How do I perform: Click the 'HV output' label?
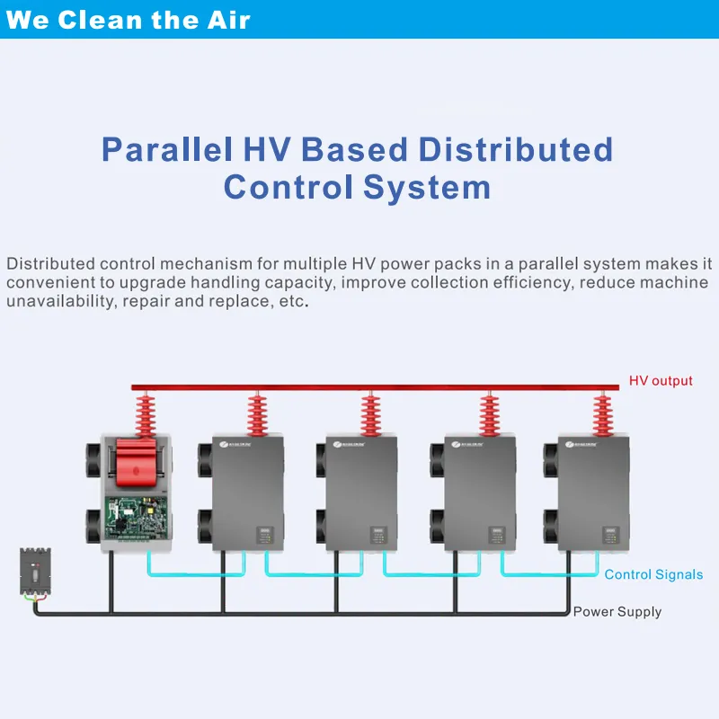[661, 381]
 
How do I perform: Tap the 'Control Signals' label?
[653, 574]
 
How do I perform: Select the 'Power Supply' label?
[617, 612]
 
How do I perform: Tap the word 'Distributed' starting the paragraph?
[50, 264]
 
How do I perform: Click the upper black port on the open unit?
[93, 455]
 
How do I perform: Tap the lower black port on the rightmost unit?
[550, 526]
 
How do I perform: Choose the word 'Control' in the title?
[288, 187]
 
